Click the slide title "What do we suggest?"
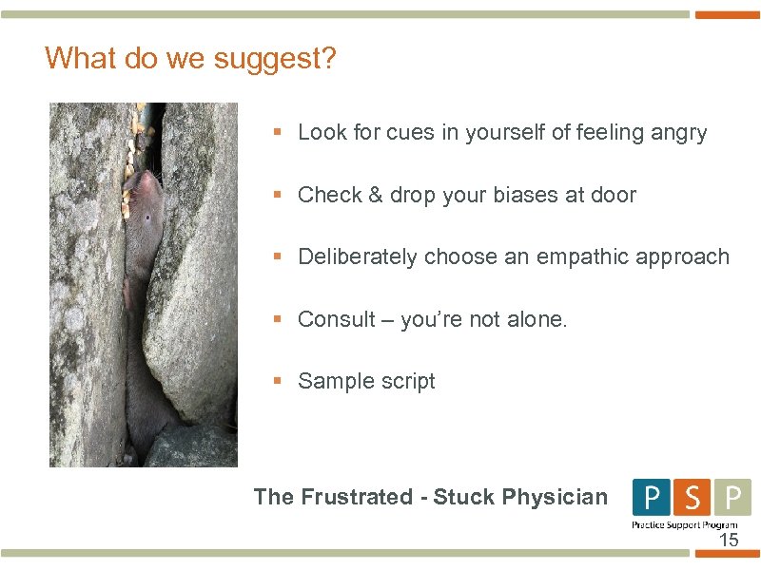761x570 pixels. (x=190, y=59)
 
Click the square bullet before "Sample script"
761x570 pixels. (x=278, y=381)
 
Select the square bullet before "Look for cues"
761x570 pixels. (x=278, y=133)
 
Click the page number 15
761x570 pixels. (x=728, y=541)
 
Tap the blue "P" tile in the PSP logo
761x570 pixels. (x=652, y=498)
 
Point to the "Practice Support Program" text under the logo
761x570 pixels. (x=685, y=524)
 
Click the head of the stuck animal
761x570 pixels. (x=143, y=190)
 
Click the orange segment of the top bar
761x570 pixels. (x=728, y=15)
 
